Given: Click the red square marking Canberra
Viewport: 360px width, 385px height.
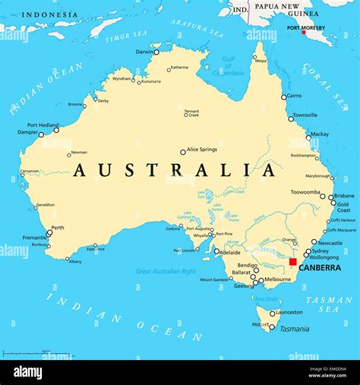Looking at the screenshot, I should [293, 261].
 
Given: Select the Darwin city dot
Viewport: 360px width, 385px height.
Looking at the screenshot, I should [156, 52].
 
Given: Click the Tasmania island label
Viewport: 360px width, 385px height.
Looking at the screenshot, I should [294, 329].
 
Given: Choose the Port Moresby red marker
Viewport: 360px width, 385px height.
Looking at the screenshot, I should [304, 32].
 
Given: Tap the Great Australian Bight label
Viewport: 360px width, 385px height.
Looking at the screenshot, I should [166, 270].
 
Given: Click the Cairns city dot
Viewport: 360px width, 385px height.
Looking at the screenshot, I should [284, 97].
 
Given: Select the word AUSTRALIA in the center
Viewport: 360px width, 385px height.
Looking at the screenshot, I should [175, 171].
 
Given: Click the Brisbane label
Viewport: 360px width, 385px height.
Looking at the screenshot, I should [344, 195].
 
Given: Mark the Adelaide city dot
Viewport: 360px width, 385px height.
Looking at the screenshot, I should [216, 251].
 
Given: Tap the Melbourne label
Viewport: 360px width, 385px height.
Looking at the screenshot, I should [277, 279].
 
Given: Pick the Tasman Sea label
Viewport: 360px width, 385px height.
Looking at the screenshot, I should [329, 305].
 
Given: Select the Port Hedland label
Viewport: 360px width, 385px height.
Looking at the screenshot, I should [43, 125].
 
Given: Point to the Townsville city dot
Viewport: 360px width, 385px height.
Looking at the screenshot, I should [290, 118].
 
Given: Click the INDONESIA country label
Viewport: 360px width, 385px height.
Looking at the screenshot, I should [49, 14].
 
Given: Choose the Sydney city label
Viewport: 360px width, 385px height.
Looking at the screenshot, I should [320, 251].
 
